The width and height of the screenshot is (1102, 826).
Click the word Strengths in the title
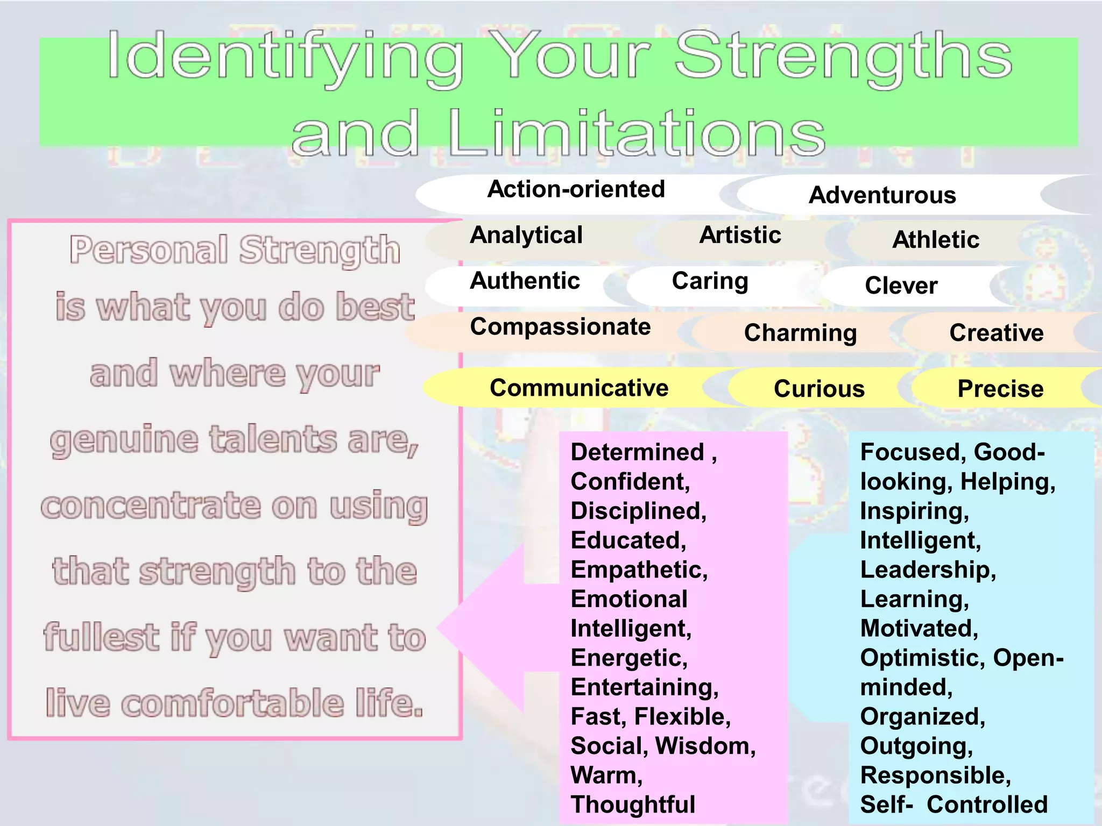[x=844, y=56]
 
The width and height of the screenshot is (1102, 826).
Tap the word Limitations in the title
[x=636, y=133]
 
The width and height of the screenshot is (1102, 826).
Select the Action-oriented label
[x=576, y=189]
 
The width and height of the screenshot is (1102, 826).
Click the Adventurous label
[x=882, y=195]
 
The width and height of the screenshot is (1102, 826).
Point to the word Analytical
[x=526, y=235]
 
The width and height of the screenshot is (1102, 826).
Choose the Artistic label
[x=740, y=235]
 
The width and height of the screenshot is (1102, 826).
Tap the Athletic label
[x=936, y=239]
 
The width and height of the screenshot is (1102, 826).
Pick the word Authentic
[x=525, y=281]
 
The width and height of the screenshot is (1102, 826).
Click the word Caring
[x=710, y=281]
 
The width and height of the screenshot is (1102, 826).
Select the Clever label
[x=901, y=285]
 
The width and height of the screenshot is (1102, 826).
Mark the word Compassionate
[x=560, y=327]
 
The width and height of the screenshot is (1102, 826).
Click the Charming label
[x=800, y=333]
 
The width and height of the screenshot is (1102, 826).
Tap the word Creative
[x=997, y=333]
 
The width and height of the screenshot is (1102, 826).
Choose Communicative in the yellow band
[x=579, y=388]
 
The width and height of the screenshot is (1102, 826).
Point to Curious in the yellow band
[x=819, y=389]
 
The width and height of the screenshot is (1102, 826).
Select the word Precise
[x=1000, y=389]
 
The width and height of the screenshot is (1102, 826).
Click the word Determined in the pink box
[x=637, y=452]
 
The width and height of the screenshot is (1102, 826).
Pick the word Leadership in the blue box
[x=928, y=570]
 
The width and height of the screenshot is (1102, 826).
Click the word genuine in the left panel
[x=124, y=440]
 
